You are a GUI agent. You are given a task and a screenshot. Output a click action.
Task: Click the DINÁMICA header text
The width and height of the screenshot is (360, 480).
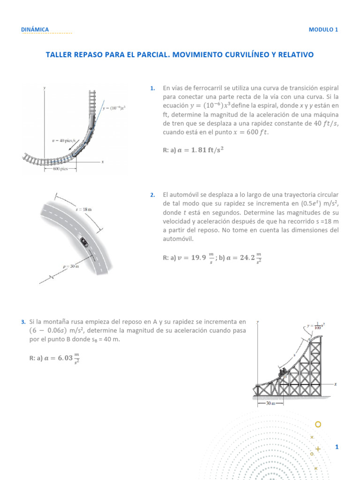tap(35, 30)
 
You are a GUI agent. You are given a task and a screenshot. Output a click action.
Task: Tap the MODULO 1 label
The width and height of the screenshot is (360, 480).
tap(323, 30)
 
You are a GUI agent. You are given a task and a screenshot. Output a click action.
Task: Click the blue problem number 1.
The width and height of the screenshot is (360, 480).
tap(152, 88)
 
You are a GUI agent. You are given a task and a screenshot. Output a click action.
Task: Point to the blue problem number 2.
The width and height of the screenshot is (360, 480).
tap(152, 195)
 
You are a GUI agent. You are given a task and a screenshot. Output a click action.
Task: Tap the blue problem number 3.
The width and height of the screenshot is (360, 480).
tap(23, 322)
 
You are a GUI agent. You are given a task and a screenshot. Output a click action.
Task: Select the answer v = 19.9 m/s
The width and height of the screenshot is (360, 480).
tap(194, 257)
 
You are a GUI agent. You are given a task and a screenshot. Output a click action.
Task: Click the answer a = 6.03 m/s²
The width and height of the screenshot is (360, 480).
tap(60, 359)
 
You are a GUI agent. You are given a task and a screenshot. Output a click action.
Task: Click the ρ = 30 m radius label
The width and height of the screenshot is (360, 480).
tap(71, 267)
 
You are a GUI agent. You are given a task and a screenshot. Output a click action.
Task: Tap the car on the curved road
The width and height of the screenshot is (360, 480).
tap(84, 242)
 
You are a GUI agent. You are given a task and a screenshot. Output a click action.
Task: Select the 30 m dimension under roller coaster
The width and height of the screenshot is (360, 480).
tap(270, 403)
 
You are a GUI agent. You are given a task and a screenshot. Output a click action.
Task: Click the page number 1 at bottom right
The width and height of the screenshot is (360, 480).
tap(337, 447)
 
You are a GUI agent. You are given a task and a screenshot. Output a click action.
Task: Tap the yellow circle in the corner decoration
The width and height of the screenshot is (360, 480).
tap(318, 425)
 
